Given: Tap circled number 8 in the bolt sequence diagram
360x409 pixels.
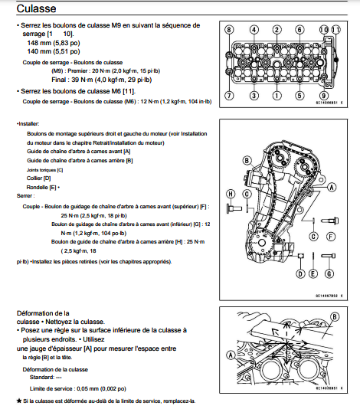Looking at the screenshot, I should tap(228, 29).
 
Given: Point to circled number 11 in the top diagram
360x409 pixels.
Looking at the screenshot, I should tap(335, 29).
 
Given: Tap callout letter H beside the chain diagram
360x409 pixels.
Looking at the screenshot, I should tap(228, 194).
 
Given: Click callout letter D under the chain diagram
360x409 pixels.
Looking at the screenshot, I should tap(301, 273).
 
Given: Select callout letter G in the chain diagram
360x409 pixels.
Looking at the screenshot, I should tap(328, 273).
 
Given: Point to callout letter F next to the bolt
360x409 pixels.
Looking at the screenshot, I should tap(332, 237).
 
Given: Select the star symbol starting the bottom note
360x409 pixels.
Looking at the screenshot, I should tap(18, 401).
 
